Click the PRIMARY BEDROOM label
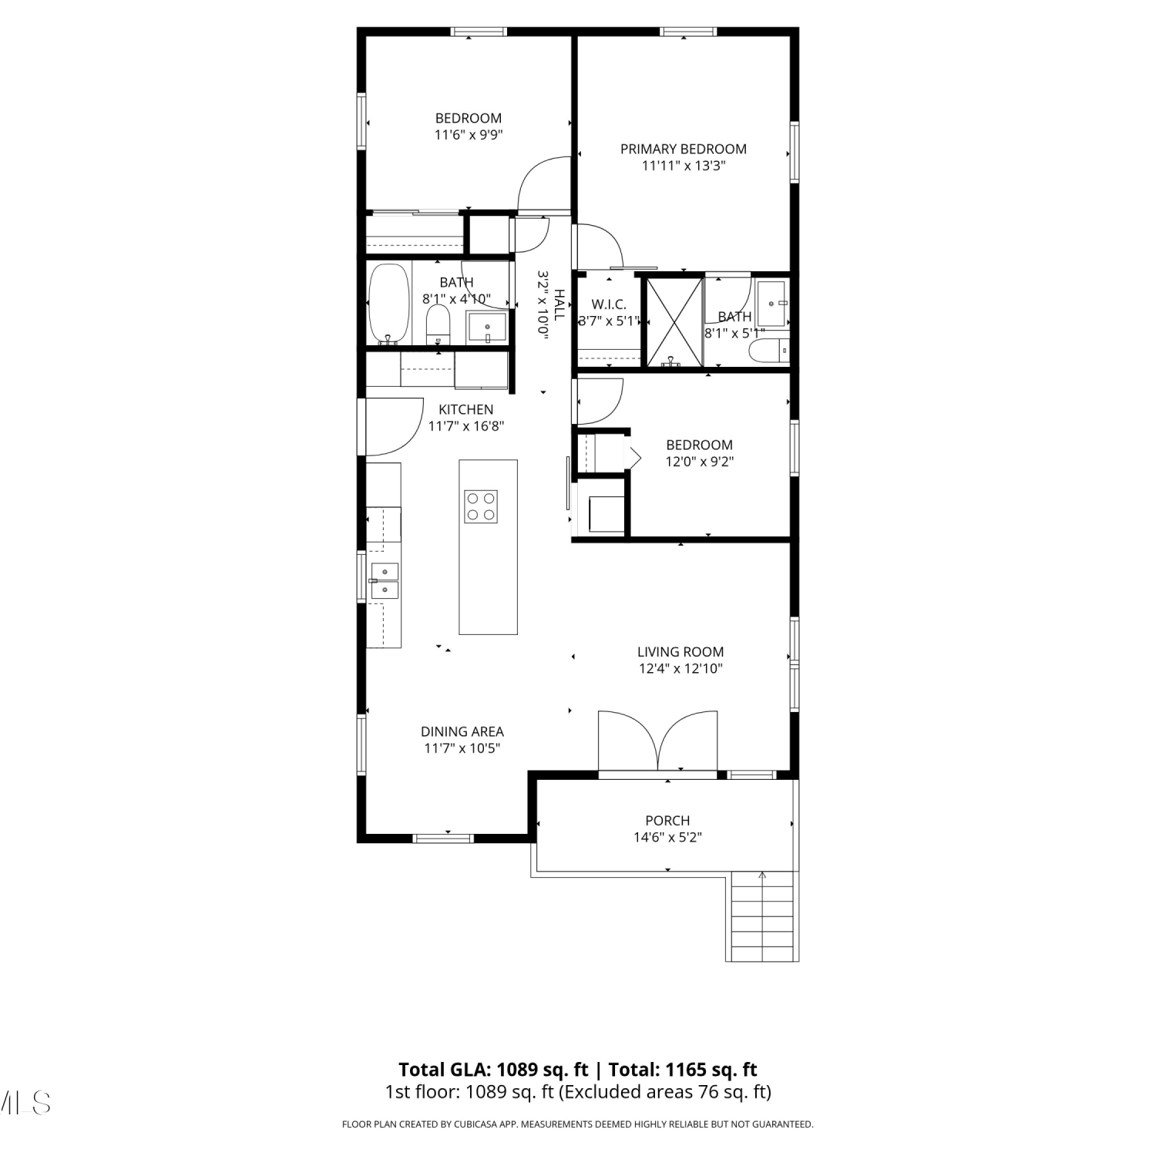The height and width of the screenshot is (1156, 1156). pyautogui.click(x=683, y=149)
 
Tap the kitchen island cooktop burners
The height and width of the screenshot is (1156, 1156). pyautogui.click(x=480, y=506)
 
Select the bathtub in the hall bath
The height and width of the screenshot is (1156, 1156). pyautogui.click(x=388, y=304)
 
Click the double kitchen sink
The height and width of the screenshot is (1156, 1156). pyautogui.click(x=385, y=580)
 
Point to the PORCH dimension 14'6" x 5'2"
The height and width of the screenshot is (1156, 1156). pyautogui.click(x=667, y=837)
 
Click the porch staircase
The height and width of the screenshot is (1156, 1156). pyautogui.click(x=762, y=916)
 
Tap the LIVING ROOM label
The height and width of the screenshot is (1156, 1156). pyautogui.click(x=680, y=651)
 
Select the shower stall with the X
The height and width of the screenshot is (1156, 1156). pyautogui.click(x=674, y=322)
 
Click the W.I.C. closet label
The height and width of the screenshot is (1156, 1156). pyautogui.click(x=609, y=304)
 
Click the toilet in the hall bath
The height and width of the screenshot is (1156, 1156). pyautogui.click(x=438, y=325)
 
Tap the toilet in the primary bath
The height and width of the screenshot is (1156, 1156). pyautogui.click(x=769, y=351)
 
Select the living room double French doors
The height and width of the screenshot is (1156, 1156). pyautogui.click(x=658, y=741)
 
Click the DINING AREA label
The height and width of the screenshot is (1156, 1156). pyautogui.click(x=462, y=731)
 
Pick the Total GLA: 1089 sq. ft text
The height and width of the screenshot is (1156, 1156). pyautogui.click(x=493, y=1070)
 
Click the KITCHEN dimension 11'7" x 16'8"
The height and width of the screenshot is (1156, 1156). pyautogui.click(x=466, y=426)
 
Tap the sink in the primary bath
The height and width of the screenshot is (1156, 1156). pyautogui.click(x=771, y=304)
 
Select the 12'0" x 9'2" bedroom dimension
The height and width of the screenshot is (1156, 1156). pyautogui.click(x=700, y=462)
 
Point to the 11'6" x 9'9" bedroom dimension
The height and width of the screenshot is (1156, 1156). pyautogui.click(x=469, y=135)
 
